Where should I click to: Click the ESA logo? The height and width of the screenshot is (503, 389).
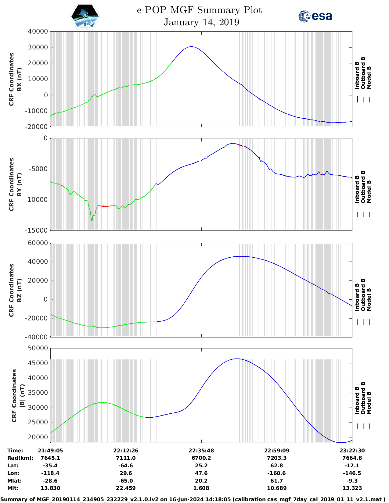point(315,16)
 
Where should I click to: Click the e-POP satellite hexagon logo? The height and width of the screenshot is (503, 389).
point(85,16)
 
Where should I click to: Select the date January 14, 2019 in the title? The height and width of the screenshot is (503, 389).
point(201,22)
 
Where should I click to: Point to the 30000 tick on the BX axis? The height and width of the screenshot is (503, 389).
point(38,47)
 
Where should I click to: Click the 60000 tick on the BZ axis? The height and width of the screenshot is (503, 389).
point(38,243)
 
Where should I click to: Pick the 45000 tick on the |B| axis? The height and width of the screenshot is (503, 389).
point(38,363)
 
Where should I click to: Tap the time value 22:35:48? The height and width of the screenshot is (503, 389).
point(201,451)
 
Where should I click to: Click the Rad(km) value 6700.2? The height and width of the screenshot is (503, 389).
point(201,458)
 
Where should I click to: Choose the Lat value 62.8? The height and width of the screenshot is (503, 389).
point(276,466)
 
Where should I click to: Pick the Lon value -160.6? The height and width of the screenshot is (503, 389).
point(276,473)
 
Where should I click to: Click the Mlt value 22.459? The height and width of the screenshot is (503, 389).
point(126,488)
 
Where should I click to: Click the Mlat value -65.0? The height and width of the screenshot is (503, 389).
point(126,481)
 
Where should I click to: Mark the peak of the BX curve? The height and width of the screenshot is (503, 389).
point(191,47)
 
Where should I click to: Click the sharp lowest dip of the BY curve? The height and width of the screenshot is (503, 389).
point(92,221)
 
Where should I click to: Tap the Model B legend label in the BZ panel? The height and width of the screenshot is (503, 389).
point(369,299)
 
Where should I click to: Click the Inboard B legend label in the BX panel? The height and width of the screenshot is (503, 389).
point(357,75)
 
